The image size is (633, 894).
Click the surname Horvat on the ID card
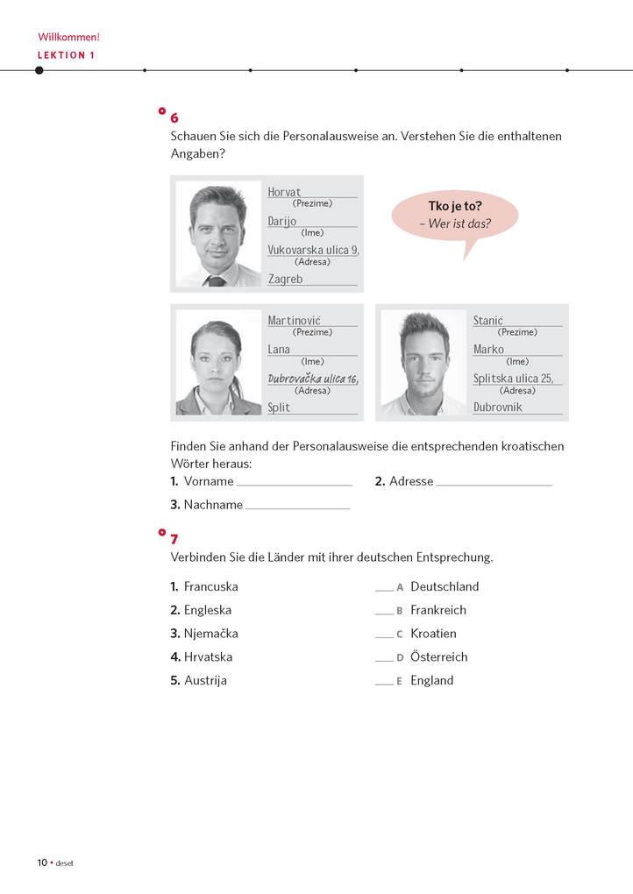[x=284, y=192]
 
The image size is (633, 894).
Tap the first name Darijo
[x=282, y=222]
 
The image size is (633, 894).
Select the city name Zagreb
[x=285, y=280]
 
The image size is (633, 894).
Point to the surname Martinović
[x=300, y=321]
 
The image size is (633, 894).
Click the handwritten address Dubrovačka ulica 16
[x=313, y=379]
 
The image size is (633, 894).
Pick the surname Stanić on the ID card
[x=487, y=321]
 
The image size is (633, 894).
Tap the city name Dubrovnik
[x=497, y=408]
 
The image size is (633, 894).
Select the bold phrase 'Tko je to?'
[x=455, y=207]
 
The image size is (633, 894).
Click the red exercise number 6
[x=174, y=118]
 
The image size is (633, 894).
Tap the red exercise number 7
[x=174, y=539]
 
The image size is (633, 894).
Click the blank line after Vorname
[x=294, y=483]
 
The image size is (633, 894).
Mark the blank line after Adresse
[x=494, y=483]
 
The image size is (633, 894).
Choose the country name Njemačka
[x=210, y=634]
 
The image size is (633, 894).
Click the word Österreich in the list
[x=438, y=657]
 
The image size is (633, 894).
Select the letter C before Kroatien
[x=400, y=635]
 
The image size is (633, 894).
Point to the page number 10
[x=42, y=862]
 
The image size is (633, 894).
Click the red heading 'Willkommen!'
[x=68, y=38]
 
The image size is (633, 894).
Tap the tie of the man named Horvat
[x=216, y=280]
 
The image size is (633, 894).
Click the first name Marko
[x=488, y=350]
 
